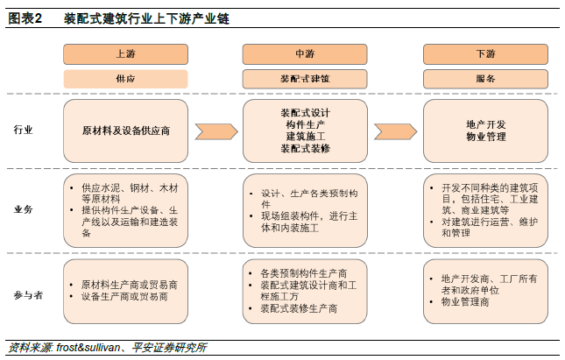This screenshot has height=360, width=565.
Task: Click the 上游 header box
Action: (125, 54)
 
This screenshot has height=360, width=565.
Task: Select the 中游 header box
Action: (305, 54)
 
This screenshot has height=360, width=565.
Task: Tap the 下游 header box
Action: (485, 54)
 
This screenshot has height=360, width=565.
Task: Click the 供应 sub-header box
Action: (125, 79)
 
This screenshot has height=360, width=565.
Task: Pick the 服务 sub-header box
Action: (485, 79)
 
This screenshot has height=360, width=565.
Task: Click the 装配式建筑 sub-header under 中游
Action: (305, 79)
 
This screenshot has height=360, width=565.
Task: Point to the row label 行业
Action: (23, 130)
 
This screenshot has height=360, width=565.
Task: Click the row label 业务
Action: (23, 209)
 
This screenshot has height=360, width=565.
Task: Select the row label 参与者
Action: (28, 295)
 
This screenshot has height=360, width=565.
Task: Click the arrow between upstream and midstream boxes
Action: (216, 131)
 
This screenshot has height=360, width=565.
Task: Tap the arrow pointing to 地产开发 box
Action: (395, 131)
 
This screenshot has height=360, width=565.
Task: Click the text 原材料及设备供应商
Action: (126, 131)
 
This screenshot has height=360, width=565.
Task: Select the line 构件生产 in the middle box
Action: (306, 124)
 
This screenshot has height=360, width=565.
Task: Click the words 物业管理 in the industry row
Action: (486, 137)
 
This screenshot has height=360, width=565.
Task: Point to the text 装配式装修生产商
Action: (299, 308)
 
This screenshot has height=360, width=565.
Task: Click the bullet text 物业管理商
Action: (465, 301)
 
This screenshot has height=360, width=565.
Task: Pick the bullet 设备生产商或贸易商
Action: (124, 297)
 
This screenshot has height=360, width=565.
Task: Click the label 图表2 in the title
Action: (25, 18)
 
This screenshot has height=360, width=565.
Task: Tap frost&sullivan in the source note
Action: (88, 348)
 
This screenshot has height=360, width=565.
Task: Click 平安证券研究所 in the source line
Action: (169, 348)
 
